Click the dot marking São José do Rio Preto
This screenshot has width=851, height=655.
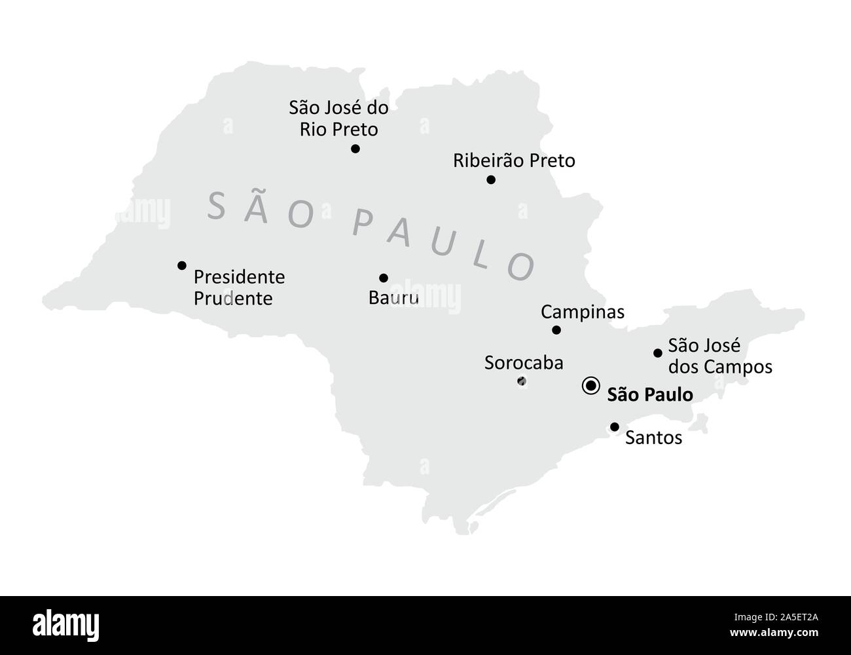click(x=355, y=149)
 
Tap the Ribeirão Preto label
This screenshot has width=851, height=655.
click(x=514, y=160)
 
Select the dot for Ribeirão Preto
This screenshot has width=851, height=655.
click(x=491, y=180)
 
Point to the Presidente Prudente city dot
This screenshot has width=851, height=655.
click(x=182, y=265)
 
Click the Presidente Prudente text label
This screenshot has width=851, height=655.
click(x=239, y=288)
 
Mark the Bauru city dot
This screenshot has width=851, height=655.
click(x=384, y=278)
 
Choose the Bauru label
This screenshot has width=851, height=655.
click(x=393, y=299)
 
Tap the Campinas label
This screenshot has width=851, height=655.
click(x=582, y=312)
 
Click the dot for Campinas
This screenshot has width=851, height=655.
click(x=556, y=330)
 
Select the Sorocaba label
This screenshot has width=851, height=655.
click(x=523, y=363)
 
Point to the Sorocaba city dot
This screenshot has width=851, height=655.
click(x=522, y=381)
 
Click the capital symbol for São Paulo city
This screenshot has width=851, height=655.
click(x=590, y=386)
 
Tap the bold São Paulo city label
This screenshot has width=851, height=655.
click(x=649, y=394)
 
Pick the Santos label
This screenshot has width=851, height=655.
click(x=653, y=438)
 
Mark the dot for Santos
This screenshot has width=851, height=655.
click(x=615, y=427)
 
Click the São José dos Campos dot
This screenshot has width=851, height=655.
click(x=658, y=353)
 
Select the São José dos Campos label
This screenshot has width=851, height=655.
click(x=719, y=356)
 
